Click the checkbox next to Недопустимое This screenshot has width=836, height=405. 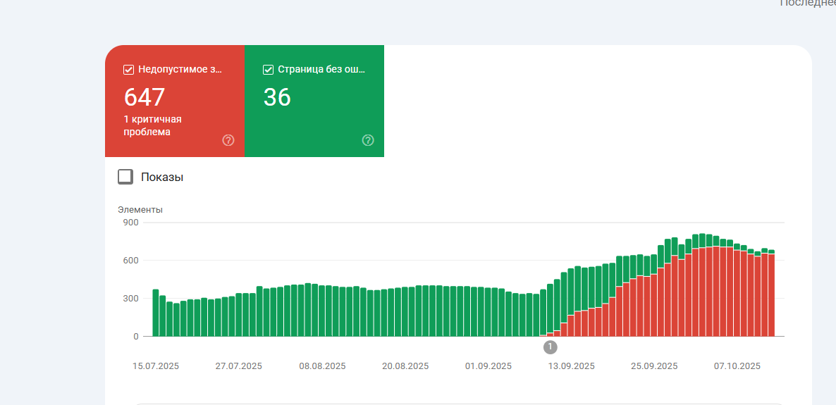coord(128,69)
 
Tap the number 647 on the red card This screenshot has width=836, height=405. coord(144,97)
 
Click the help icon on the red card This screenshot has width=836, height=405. coord(228,140)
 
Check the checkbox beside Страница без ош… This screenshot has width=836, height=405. coord(268,69)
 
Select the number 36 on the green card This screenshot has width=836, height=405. coord(277,97)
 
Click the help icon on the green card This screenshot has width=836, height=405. coord(367,140)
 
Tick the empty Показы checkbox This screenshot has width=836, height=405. coord(125,177)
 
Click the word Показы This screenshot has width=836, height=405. coord(162,177)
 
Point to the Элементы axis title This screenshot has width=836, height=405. coord(140,209)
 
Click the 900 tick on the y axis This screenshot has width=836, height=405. coord(131,223)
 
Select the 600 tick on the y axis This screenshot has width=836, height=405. coord(131,261)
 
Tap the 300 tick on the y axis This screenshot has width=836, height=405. coord(131,299)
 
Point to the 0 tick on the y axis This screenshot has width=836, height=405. coord(136,337)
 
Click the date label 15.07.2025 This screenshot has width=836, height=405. coord(156,366)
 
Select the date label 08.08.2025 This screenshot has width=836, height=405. coord(322,366)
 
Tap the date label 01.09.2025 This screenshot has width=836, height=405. coord(488,366)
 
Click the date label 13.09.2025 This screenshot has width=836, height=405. coord(572,366)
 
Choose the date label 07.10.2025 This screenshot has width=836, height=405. coord(737,366)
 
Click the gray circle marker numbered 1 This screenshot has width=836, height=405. coord(551,347)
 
